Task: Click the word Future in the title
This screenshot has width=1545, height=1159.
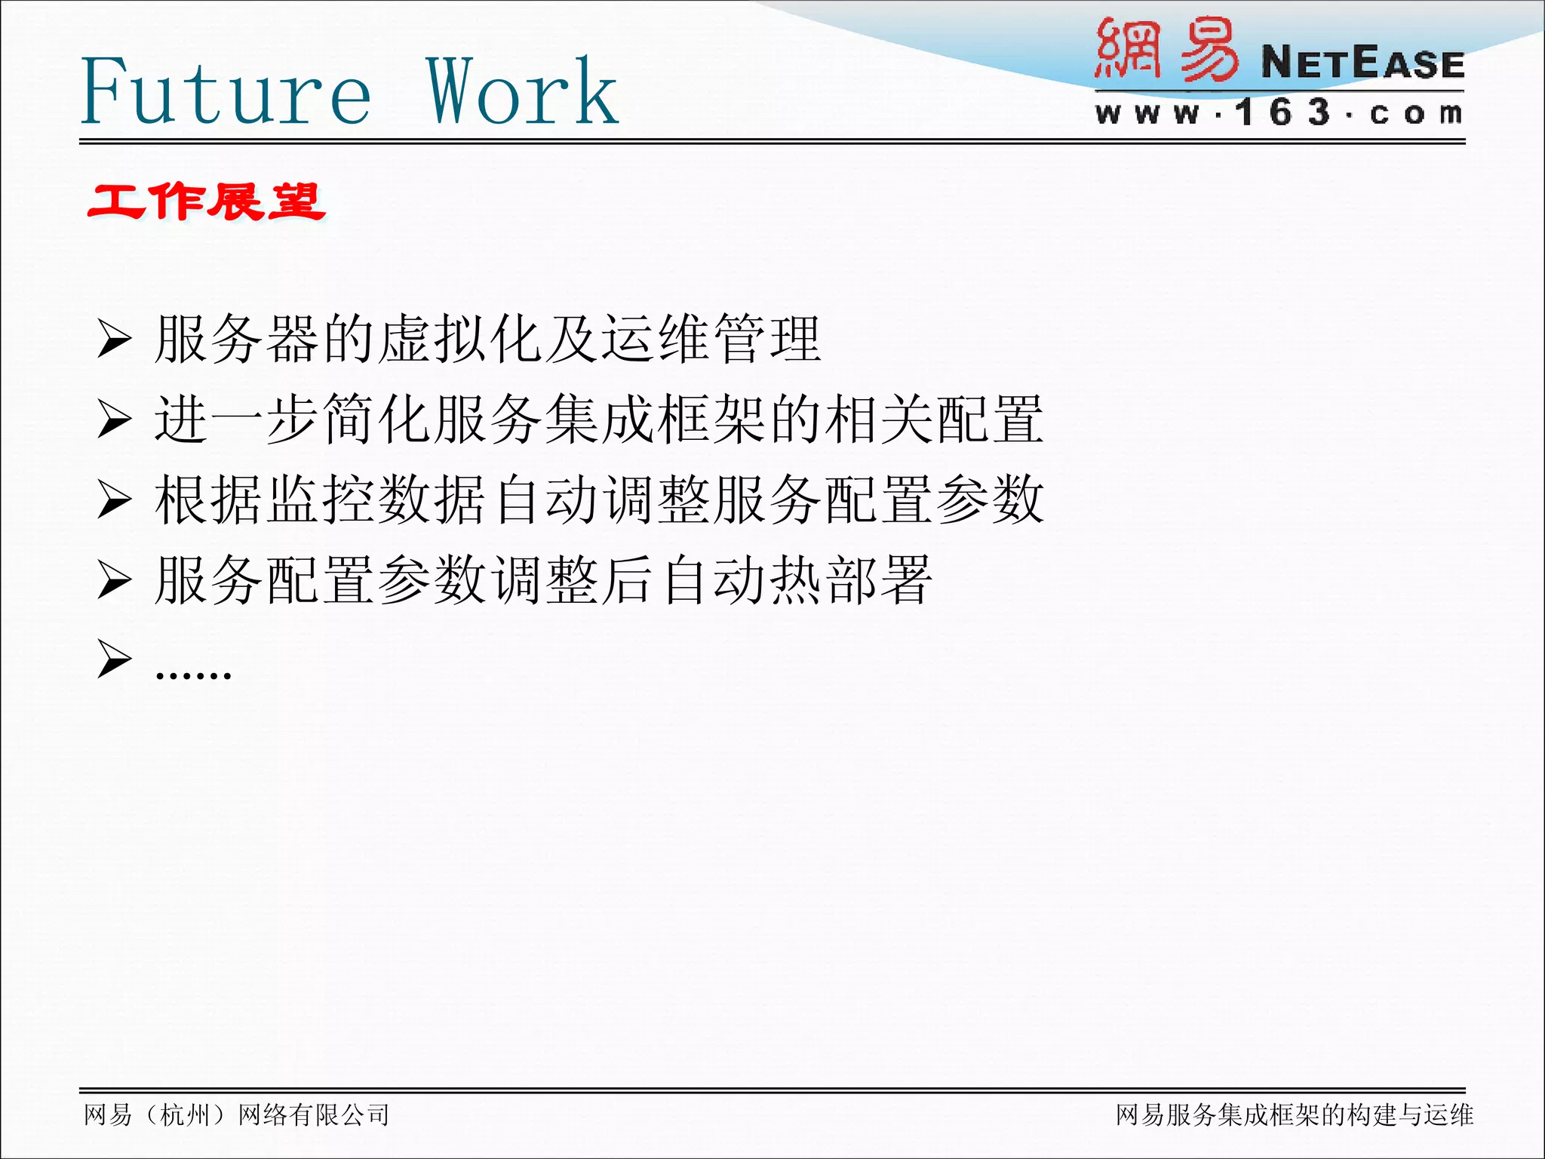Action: pos(226,92)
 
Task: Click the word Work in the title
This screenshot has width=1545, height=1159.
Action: pos(522,92)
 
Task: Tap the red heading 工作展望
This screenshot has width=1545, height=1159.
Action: pos(206,202)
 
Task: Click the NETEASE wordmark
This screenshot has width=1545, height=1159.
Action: pos(1362,63)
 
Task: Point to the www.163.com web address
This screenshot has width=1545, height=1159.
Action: pos(1279,113)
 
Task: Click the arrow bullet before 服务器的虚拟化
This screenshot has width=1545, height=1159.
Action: pos(115,340)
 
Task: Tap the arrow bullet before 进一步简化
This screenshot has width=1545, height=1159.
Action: pos(115,420)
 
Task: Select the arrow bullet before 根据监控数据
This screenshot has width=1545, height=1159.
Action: pos(115,500)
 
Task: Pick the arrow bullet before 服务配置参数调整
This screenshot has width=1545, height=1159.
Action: pos(115,581)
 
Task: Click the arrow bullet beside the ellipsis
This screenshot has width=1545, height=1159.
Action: pos(115,659)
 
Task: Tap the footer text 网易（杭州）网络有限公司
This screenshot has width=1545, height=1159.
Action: pos(237,1114)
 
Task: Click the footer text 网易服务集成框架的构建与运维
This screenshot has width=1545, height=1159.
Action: pos(1295,1114)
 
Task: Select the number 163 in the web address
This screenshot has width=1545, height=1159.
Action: pos(1282,113)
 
